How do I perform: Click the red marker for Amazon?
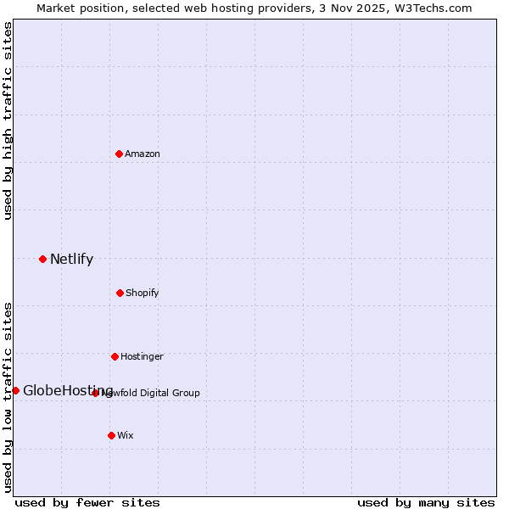click(119, 154)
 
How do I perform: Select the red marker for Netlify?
click(42, 259)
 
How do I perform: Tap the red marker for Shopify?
click(120, 293)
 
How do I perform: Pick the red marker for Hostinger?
click(115, 356)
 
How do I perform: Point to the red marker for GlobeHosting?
click(15, 390)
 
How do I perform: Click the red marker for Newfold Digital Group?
click(95, 393)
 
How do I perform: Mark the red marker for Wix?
click(111, 435)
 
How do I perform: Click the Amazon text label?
click(143, 154)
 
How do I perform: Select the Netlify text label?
click(71, 259)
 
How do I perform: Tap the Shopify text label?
click(143, 293)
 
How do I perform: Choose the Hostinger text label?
click(142, 356)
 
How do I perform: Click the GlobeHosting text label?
click(68, 390)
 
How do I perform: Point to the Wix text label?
click(126, 435)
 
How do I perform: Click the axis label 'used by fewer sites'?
click(87, 502)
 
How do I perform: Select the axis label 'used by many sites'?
click(426, 502)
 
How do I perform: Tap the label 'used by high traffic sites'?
click(8, 120)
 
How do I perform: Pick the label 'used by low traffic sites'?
click(8, 397)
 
